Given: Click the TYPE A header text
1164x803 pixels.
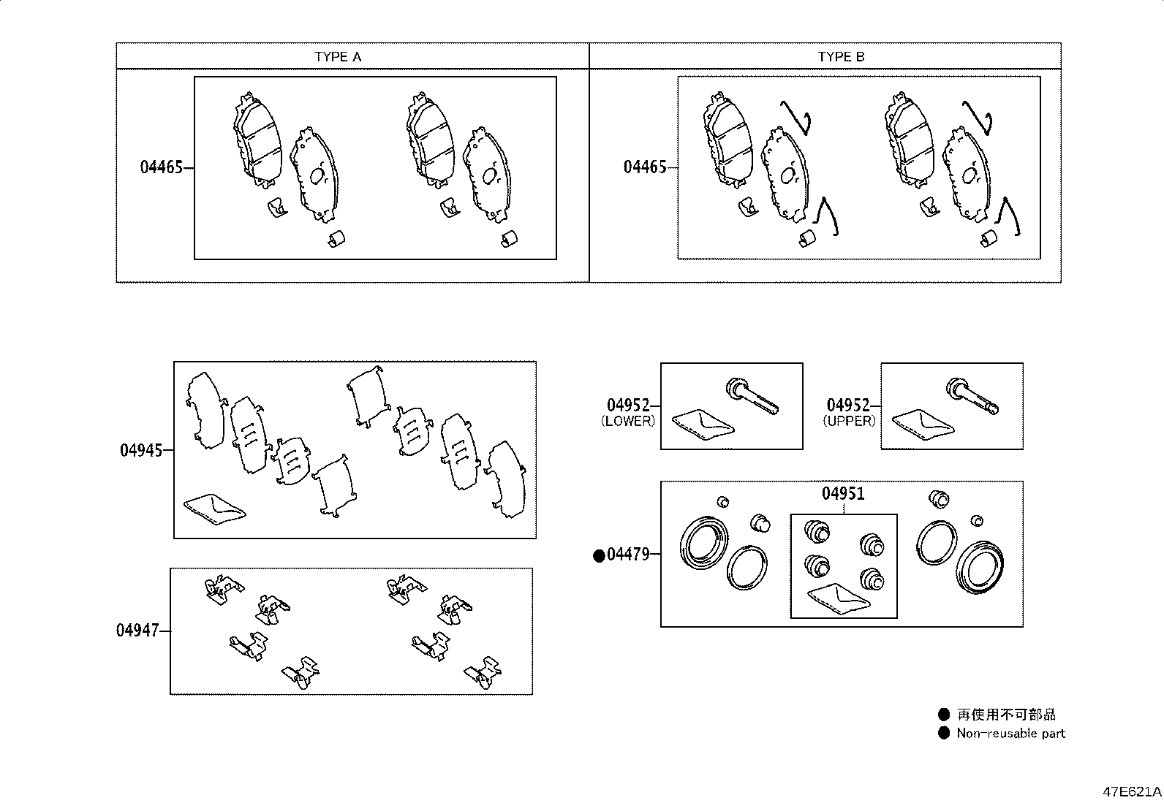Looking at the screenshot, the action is [338, 56].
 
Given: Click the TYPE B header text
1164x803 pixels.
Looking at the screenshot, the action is [842, 56].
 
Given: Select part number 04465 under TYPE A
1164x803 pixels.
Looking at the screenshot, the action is [162, 167].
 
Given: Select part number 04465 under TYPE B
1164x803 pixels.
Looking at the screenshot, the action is [645, 167].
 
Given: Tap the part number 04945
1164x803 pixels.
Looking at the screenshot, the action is [141, 450].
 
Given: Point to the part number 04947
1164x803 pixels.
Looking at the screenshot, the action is [137, 631].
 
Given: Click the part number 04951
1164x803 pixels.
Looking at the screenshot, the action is [843, 493].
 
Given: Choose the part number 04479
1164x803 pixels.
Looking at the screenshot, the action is [628, 555].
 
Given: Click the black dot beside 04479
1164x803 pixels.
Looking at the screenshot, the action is [599, 556].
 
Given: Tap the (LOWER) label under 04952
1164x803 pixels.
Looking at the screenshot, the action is [628, 422].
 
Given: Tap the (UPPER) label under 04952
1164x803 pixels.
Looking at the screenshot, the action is [849, 422].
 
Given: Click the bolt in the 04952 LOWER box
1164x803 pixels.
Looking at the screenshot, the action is [752, 396].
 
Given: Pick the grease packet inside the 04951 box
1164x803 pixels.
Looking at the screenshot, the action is [839, 599].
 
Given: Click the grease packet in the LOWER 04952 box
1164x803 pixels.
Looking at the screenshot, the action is [703, 425].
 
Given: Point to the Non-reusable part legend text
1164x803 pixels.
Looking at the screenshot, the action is [1010, 734].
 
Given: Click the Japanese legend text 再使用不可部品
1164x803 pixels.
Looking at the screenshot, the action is [1007, 715].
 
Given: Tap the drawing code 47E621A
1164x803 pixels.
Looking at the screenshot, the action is [1132, 791].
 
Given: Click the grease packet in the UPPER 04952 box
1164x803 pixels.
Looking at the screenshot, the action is [923, 425].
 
